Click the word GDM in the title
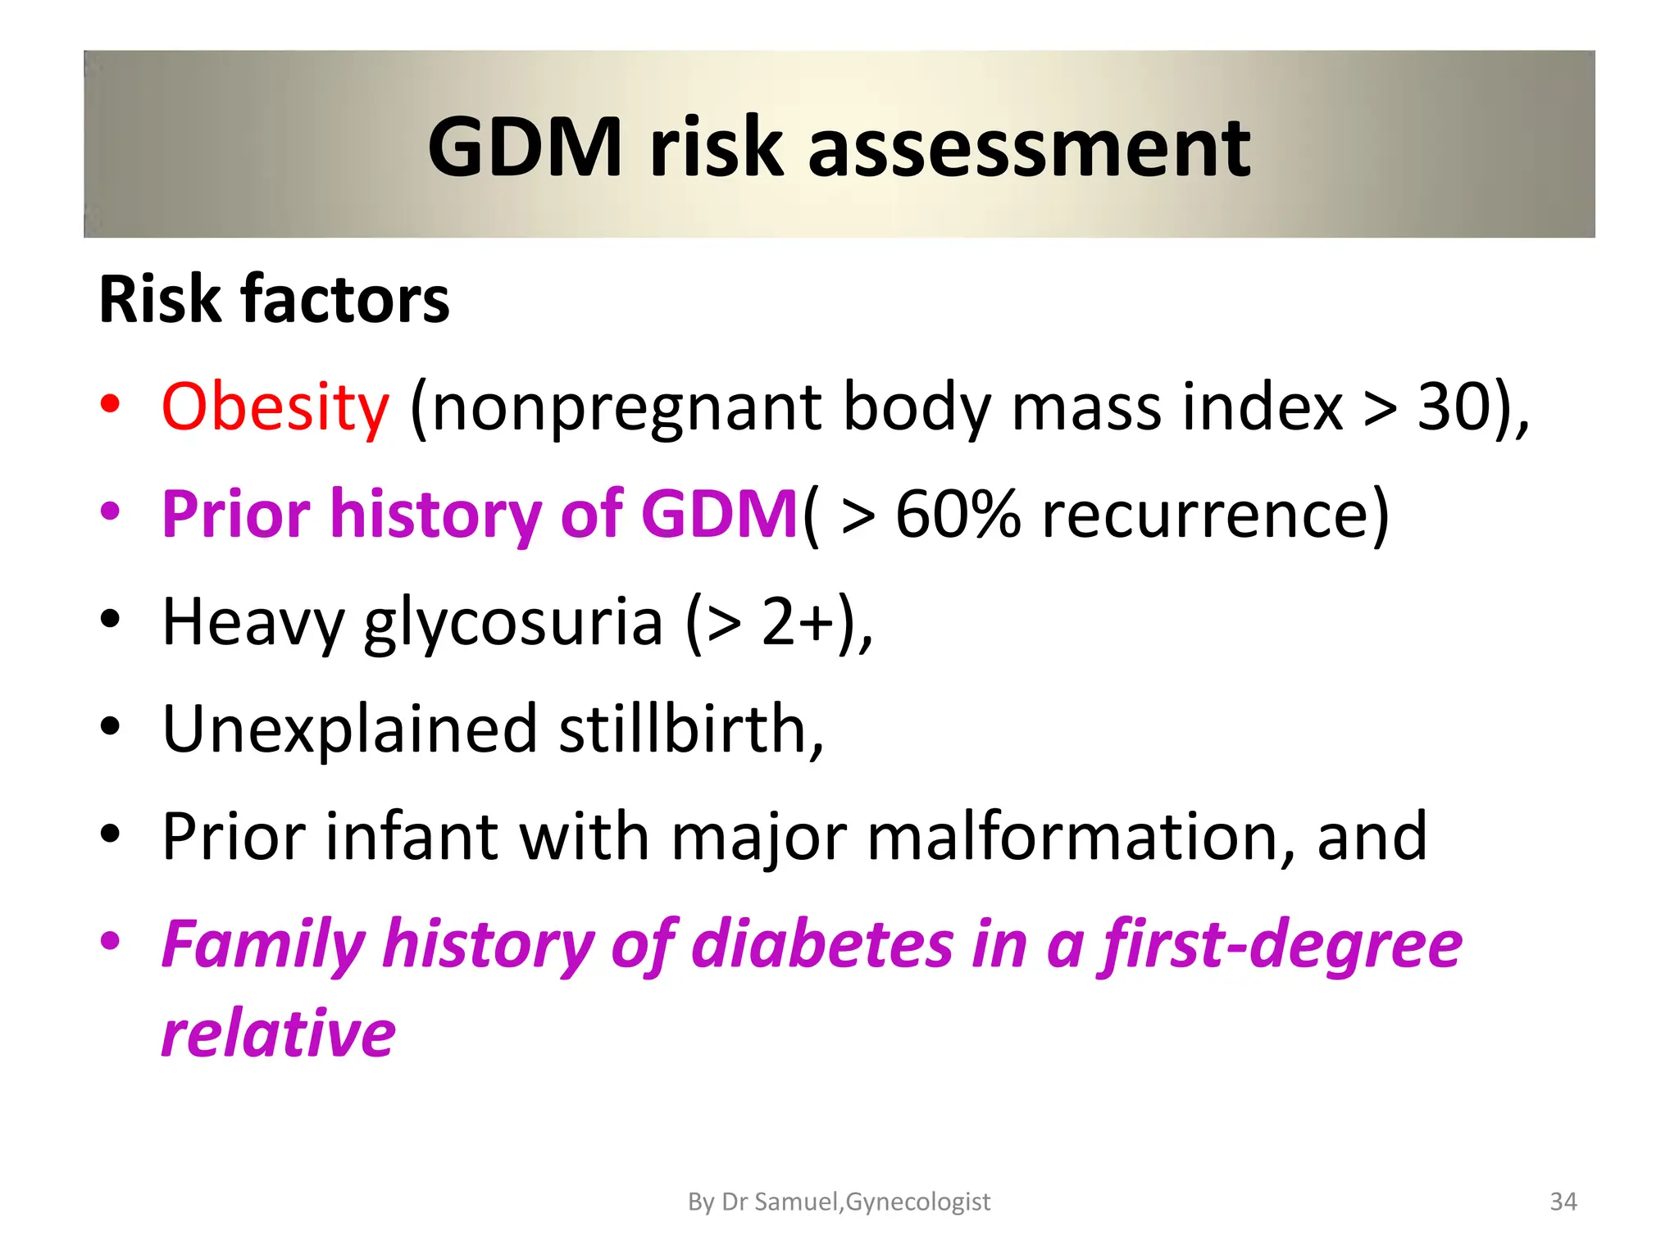525,148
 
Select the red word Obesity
275,407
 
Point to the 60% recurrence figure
958,514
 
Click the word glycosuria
513,623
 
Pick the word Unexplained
350,730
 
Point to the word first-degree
1281,945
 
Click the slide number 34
1563,1202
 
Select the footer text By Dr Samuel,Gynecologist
839,1202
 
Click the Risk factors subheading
274,299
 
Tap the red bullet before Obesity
111,405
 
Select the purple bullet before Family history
111,942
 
